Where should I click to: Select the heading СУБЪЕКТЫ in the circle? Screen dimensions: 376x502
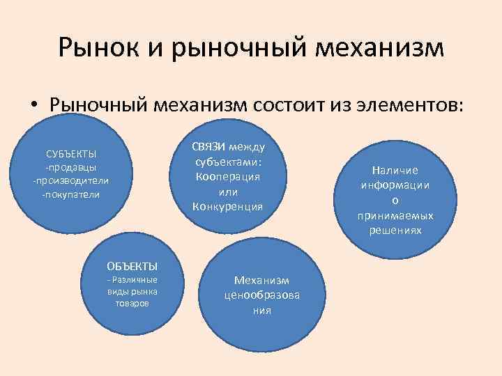71,154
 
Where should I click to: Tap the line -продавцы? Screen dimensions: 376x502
71,168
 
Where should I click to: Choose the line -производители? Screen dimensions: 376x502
71,181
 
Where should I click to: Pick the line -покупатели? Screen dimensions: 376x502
71,194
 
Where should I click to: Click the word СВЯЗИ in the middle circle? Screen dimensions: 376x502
208,146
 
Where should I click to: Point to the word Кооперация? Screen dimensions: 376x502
228,176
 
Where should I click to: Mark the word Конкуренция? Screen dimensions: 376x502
228,206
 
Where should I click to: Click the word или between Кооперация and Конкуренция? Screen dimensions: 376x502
228,191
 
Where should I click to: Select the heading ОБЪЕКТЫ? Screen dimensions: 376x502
132,266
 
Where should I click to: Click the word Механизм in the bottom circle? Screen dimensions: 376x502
261,281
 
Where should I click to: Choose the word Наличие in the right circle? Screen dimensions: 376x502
395,171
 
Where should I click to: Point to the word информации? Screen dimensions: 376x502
395,185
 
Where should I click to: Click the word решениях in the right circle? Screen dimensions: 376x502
395,230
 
